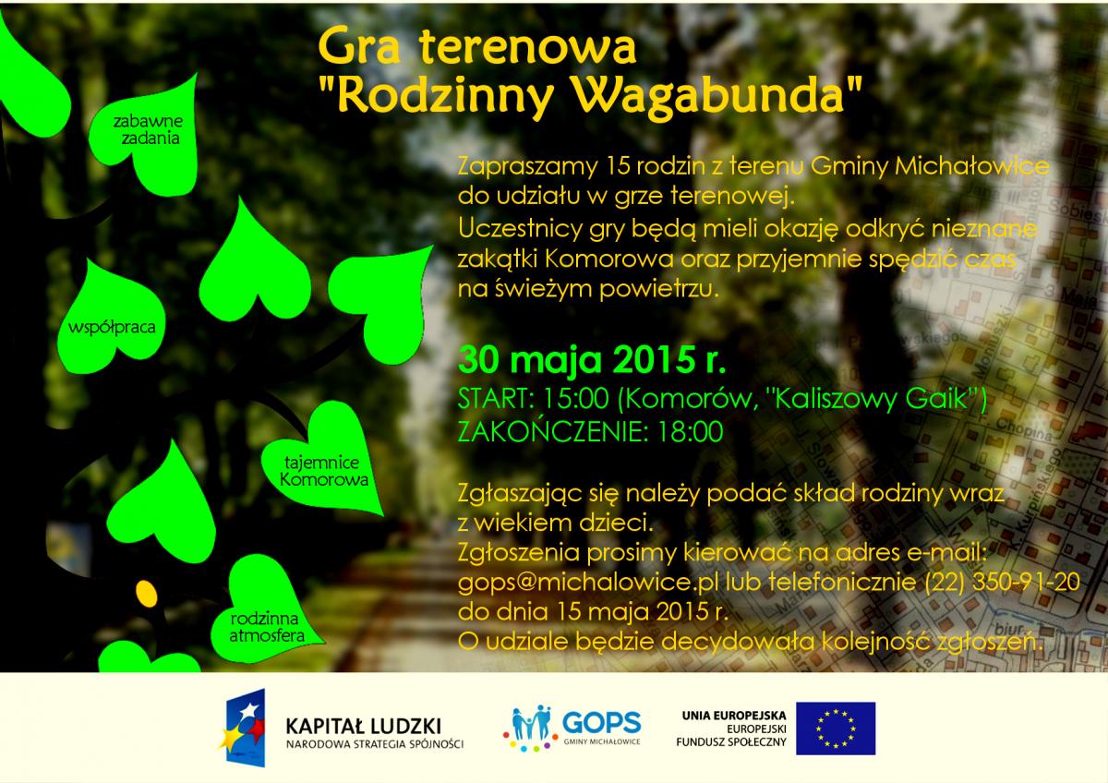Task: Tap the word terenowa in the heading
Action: [527, 46]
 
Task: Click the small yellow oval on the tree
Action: [147, 594]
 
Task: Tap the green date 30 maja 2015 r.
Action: [592, 360]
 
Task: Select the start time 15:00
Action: [575, 398]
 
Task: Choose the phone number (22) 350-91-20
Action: [1002, 582]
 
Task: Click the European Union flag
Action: [836, 729]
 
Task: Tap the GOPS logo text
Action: [601, 722]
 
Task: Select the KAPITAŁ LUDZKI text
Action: [364, 726]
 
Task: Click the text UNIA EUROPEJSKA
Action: [734, 716]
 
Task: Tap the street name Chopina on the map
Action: [1024, 429]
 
